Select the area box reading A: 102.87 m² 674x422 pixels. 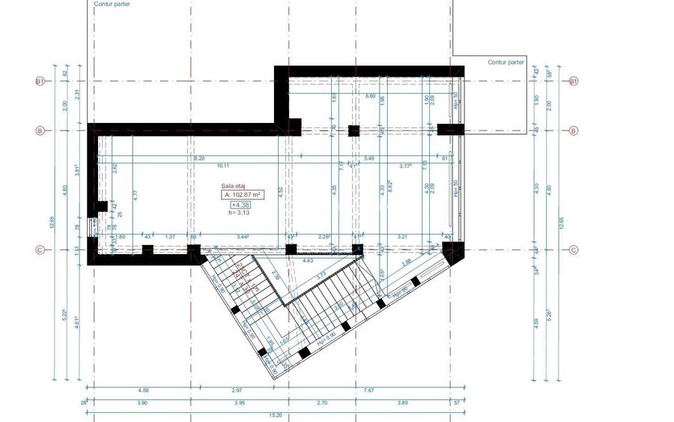243,194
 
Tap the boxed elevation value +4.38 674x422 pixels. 240,204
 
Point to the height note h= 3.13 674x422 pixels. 240,212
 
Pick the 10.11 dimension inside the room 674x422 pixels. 223,166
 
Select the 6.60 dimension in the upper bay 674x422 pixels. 370,96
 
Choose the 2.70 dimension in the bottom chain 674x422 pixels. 321,403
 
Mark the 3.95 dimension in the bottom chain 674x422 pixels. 239,403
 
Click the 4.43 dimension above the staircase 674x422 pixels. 307,261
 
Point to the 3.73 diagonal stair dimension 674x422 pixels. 321,276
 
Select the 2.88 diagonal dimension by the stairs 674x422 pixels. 407,263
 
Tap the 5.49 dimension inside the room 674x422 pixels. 369,159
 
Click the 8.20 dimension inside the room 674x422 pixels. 198,159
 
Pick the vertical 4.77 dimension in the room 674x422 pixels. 136,195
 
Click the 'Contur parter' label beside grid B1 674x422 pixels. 506,62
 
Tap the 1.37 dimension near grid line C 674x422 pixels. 170,237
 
